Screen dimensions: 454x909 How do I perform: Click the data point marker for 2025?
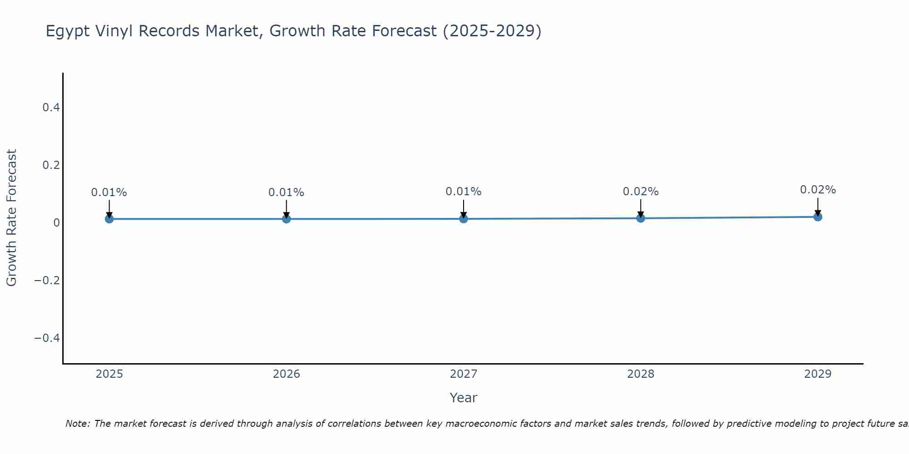tap(109, 219)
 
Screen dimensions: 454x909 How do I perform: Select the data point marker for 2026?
tap(286, 219)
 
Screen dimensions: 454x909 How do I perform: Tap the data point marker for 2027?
tap(464, 219)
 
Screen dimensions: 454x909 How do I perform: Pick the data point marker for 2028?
tap(640, 218)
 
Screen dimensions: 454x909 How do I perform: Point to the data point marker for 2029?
tap(818, 217)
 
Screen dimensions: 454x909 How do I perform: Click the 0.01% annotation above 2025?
tap(109, 192)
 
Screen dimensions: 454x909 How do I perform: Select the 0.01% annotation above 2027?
tap(464, 192)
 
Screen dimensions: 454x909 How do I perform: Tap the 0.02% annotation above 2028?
tap(640, 192)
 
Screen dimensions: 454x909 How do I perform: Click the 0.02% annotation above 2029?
tap(818, 190)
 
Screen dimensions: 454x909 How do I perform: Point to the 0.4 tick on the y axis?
tap(51, 108)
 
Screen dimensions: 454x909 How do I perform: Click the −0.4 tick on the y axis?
tap(47, 338)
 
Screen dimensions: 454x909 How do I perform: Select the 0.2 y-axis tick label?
tap(51, 165)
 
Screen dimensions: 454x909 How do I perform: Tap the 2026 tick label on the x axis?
tap(286, 374)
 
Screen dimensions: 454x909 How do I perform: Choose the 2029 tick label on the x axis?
tap(818, 374)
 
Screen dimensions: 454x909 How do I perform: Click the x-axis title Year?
tap(463, 398)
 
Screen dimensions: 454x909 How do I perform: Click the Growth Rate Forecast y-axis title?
tap(11, 218)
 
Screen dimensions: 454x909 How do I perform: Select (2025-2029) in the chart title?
tap(492, 31)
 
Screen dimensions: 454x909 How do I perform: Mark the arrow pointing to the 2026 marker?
tap(286, 209)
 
